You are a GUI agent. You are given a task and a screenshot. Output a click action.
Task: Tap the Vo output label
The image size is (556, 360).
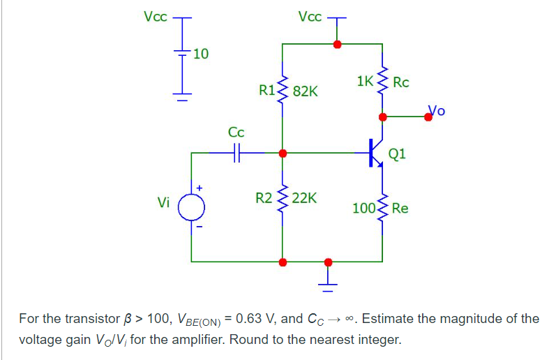(x=436, y=109)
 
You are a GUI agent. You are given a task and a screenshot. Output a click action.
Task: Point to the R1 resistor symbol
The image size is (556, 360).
(x=282, y=89)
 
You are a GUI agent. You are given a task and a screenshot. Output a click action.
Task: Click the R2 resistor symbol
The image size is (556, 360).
(x=282, y=199)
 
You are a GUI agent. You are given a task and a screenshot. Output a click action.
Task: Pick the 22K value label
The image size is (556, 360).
(x=304, y=198)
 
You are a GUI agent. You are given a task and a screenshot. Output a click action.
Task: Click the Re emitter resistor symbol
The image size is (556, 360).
(x=382, y=208)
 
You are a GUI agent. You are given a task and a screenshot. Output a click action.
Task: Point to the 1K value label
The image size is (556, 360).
(x=365, y=81)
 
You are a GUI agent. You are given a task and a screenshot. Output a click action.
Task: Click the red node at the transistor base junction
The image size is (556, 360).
(x=282, y=153)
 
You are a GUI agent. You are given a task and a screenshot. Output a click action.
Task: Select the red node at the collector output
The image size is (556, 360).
(x=382, y=117)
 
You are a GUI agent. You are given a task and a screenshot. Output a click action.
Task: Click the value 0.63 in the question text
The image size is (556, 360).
(x=250, y=320)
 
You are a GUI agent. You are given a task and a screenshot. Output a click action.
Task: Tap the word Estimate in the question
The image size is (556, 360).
(x=388, y=320)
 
